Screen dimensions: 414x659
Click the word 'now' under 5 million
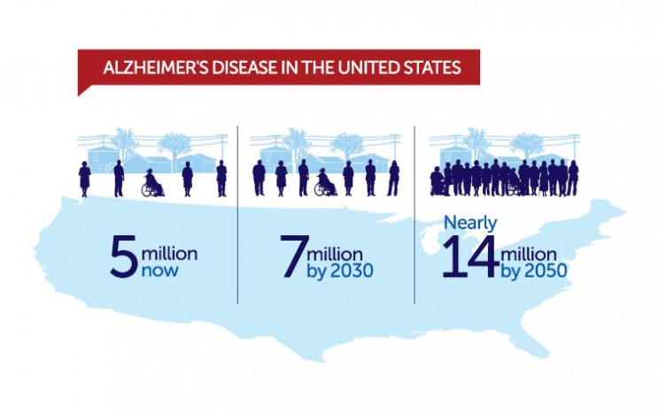point(159,271)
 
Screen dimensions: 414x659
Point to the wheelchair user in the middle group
point(324,182)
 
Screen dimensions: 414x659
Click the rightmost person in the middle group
point(392,178)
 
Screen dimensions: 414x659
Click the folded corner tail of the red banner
point(83,89)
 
